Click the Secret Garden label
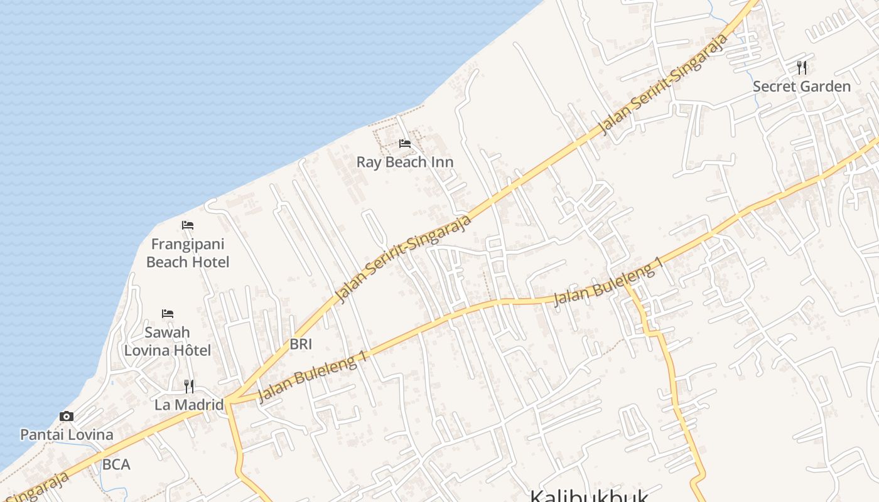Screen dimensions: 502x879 (x=802, y=87)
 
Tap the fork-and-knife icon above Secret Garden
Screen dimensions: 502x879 (x=802, y=67)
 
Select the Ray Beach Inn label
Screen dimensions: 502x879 (x=405, y=162)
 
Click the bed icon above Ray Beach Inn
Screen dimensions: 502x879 (x=405, y=144)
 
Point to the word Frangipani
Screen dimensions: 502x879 (x=188, y=244)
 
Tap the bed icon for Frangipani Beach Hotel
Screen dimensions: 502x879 (x=188, y=225)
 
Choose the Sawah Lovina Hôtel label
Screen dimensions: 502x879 (x=167, y=341)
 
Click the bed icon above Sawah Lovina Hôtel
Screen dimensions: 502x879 (x=167, y=313)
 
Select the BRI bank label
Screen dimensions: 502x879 (x=301, y=344)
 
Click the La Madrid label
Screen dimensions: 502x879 (x=189, y=405)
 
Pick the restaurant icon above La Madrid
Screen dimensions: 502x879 (x=189, y=386)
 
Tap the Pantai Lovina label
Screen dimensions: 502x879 (x=67, y=434)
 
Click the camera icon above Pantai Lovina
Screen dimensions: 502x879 (x=67, y=416)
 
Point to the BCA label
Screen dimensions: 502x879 (x=116, y=464)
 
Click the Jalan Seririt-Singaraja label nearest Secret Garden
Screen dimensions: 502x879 (x=664, y=84)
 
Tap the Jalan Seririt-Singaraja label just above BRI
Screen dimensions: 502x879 (x=403, y=259)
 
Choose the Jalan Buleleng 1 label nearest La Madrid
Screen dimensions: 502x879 (x=312, y=376)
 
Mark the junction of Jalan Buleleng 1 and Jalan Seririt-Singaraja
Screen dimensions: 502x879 (x=228, y=400)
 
